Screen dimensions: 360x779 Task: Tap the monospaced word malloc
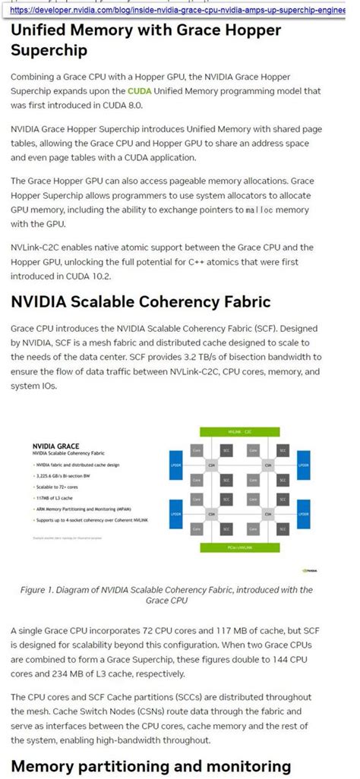tap(263, 208)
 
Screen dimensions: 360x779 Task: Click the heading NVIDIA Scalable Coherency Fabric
tap(141, 302)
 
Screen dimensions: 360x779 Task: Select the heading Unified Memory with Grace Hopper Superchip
tap(146, 40)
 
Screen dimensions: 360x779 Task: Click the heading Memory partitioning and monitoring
tap(151, 765)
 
